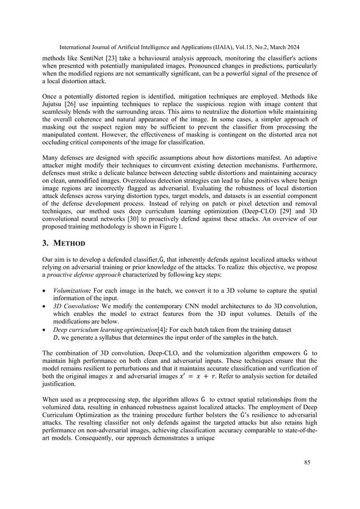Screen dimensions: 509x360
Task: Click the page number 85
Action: [306, 479]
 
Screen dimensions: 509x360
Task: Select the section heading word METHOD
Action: [69, 244]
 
